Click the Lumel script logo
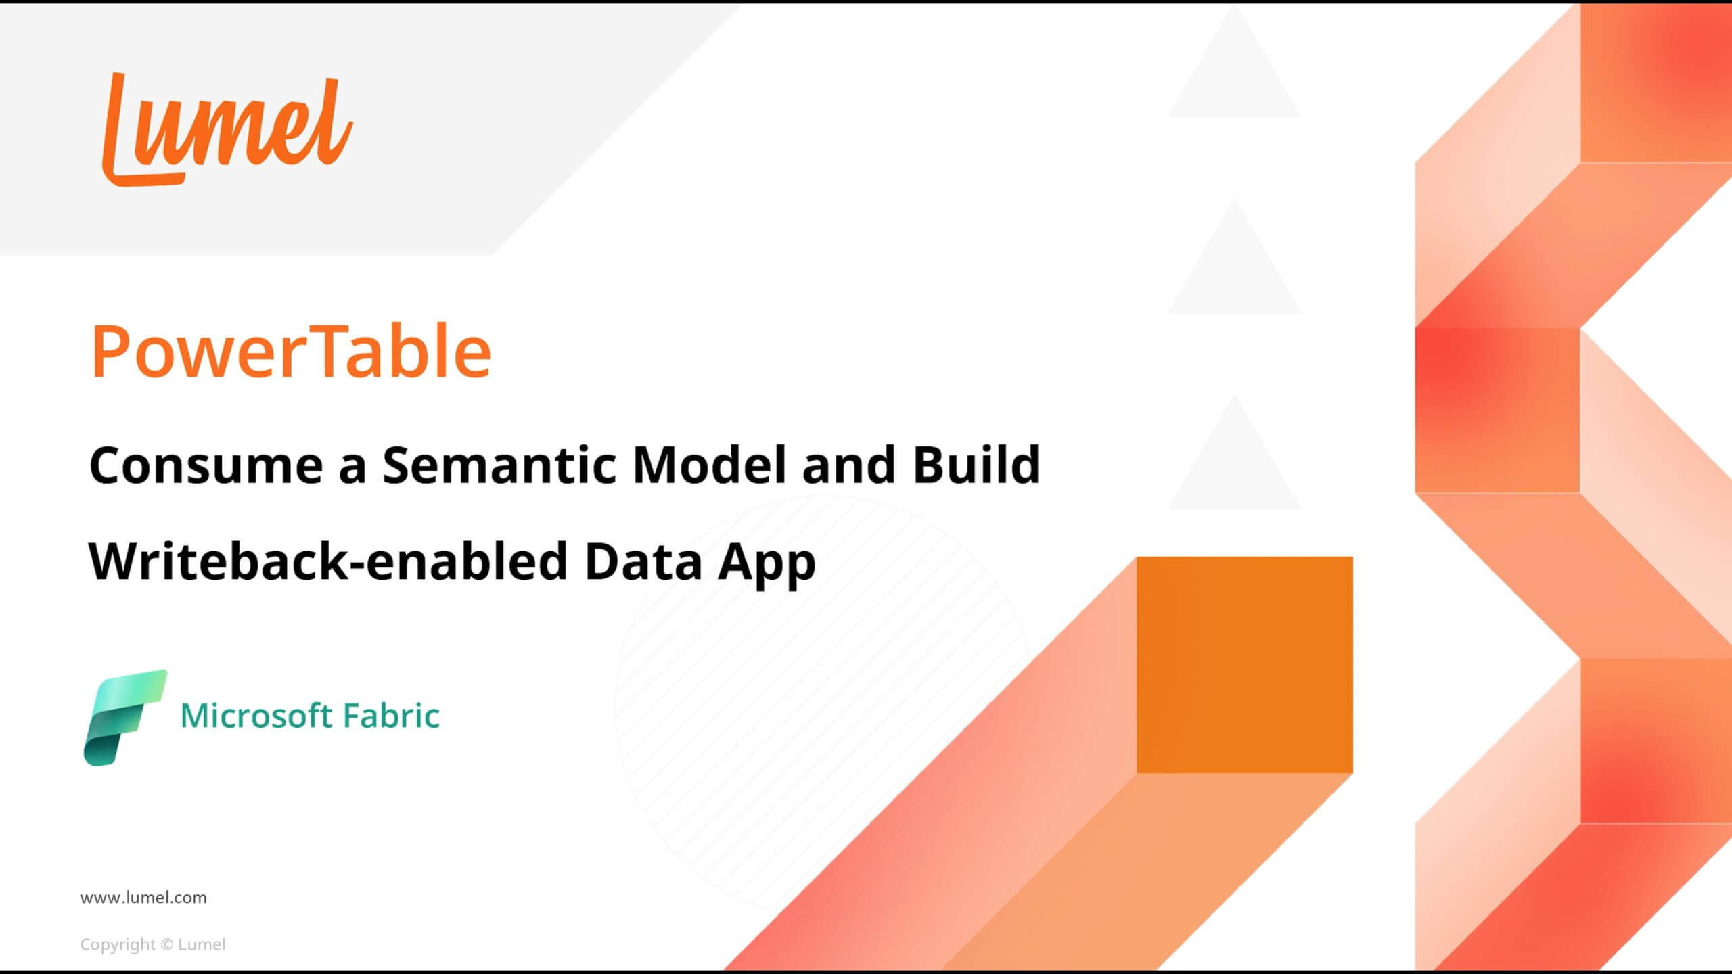(227, 129)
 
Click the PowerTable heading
(292, 352)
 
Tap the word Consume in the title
(206, 465)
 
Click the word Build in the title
(976, 465)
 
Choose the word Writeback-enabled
(328, 561)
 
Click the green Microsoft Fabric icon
(125, 718)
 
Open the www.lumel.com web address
(143, 898)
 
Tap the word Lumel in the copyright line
(202, 944)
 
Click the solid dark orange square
(1244, 665)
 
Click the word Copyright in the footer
(118, 945)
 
